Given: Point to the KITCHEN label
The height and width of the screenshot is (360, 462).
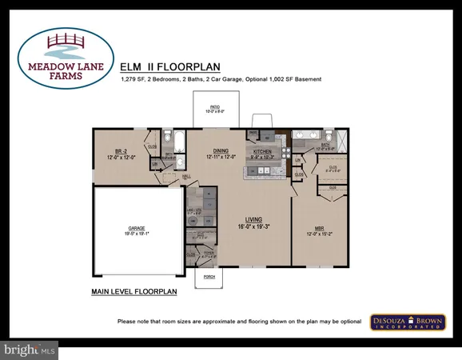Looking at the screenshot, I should coord(263,150).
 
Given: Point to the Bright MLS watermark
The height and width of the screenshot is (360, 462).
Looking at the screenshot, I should coord(30,349).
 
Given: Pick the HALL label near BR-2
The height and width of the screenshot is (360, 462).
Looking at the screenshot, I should coord(186,174).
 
